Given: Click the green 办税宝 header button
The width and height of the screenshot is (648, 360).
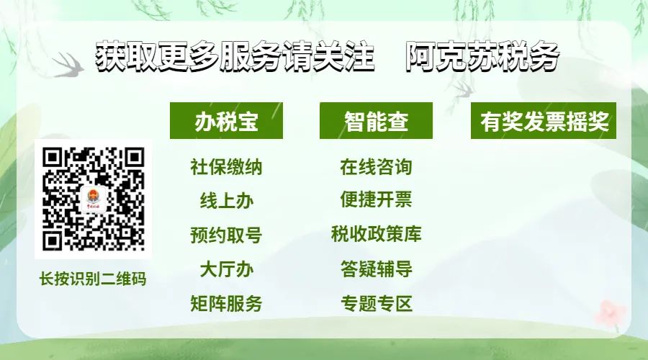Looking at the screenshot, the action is click(227, 121).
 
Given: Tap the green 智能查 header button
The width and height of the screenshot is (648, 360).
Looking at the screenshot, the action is click(376, 121).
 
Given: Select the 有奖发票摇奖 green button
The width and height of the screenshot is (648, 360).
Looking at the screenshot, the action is click(544, 121).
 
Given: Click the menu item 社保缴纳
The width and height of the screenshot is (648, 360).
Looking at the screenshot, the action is click(226, 167).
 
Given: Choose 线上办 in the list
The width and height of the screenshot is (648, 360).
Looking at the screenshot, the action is click(227, 202).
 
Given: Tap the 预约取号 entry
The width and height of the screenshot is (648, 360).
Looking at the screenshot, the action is click(226, 235).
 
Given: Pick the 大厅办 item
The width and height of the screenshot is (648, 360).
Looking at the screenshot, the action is click(227, 269).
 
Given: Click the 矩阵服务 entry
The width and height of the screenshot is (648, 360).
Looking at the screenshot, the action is click(226, 303).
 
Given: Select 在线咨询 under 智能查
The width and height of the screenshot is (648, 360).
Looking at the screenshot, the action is click(376, 167).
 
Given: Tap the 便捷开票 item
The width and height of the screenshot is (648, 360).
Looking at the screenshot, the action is click(376, 199).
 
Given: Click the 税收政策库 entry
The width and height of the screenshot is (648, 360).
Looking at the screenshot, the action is click(376, 234).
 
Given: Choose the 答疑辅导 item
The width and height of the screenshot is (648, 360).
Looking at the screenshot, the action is click(376, 269).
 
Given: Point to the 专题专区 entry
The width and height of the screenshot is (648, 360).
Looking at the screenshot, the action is click(376, 303).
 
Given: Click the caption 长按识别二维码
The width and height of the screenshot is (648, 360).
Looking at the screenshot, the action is click(93, 279).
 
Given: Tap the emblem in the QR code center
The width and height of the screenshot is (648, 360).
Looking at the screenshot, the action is click(94, 199).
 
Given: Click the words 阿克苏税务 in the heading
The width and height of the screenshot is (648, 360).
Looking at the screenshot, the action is click(482, 56).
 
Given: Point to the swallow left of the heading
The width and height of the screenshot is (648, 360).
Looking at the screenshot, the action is click(68, 65).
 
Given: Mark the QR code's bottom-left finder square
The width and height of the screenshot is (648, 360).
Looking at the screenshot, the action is click(53, 240).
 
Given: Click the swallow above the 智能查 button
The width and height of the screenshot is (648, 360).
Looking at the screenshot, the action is click(463, 91).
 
